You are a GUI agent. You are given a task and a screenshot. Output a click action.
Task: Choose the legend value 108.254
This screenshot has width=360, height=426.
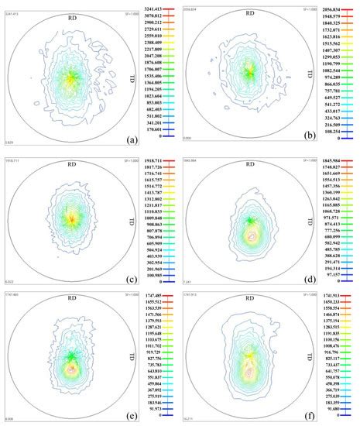coord(334,132)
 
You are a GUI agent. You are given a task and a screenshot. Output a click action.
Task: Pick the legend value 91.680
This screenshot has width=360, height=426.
coord(334,411)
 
